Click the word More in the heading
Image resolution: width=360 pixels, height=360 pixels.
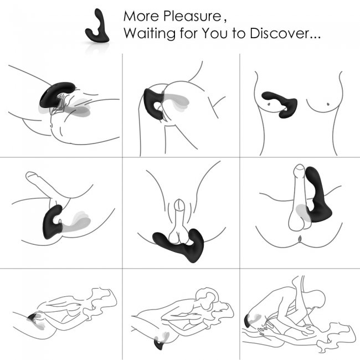point(139,15)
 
